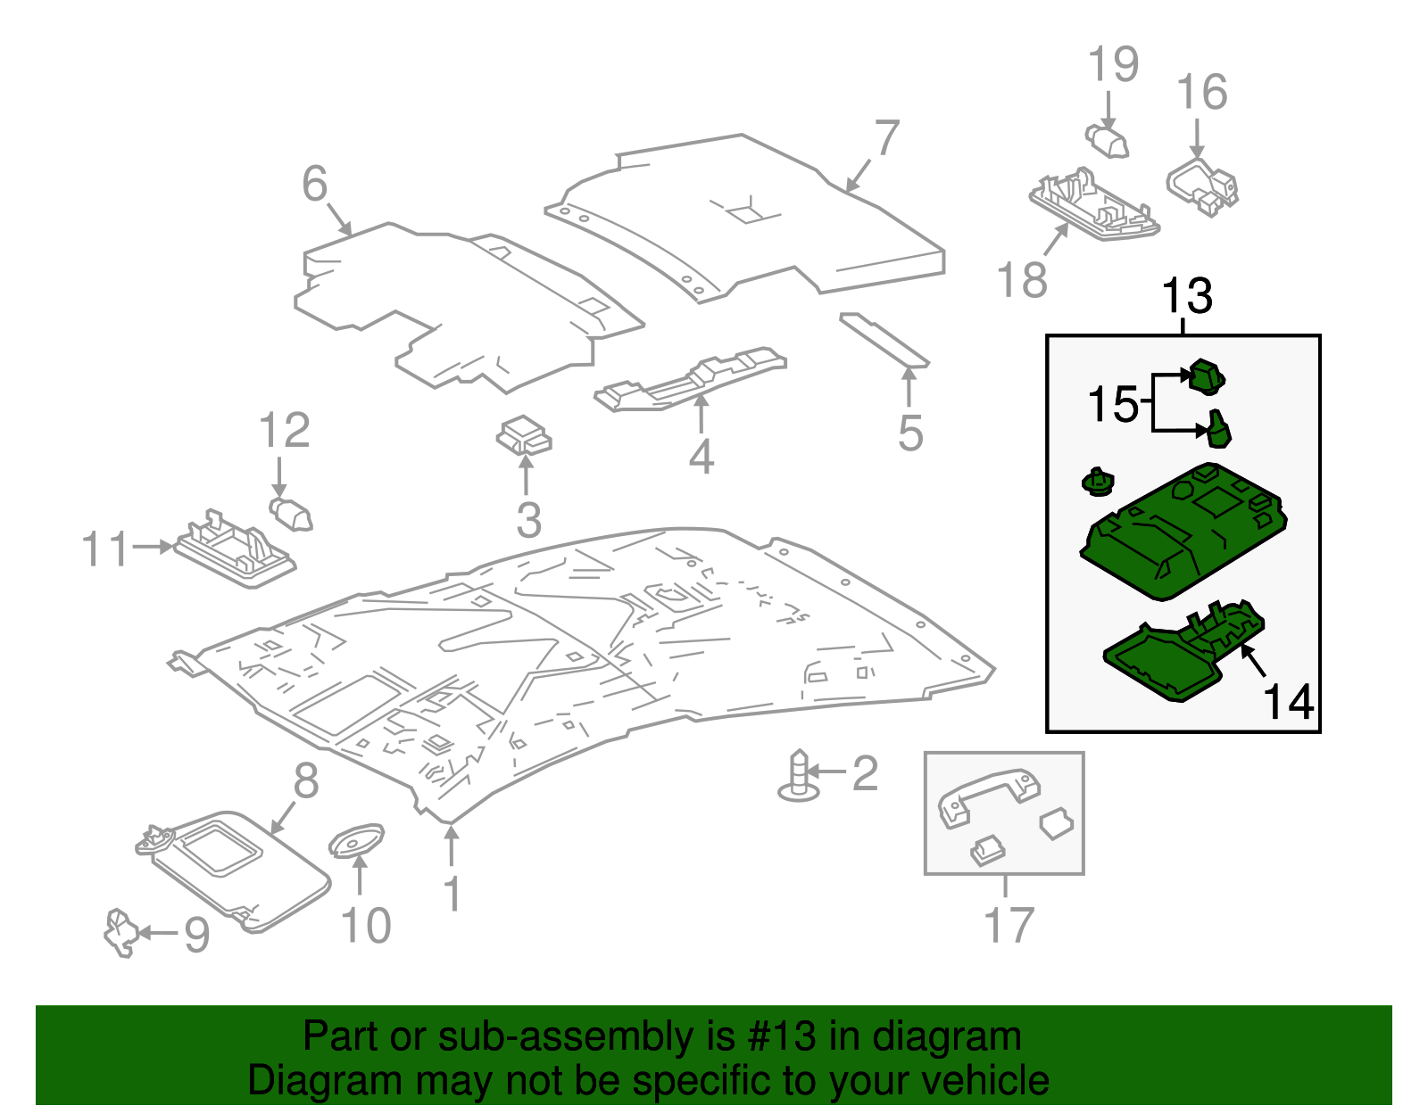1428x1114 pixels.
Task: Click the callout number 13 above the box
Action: coord(1187,297)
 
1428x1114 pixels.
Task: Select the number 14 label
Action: coord(1288,702)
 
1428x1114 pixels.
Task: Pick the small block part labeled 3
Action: coord(525,436)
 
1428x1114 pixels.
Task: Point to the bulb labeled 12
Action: coord(291,515)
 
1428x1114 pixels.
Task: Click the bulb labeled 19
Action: coord(1108,141)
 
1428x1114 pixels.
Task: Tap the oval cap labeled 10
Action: coord(357,840)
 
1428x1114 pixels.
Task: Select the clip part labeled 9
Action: coord(120,932)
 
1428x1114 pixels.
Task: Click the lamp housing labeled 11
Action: coord(234,553)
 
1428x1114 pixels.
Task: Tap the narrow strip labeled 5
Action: coord(884,339)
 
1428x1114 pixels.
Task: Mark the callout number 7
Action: coord(886,138)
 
